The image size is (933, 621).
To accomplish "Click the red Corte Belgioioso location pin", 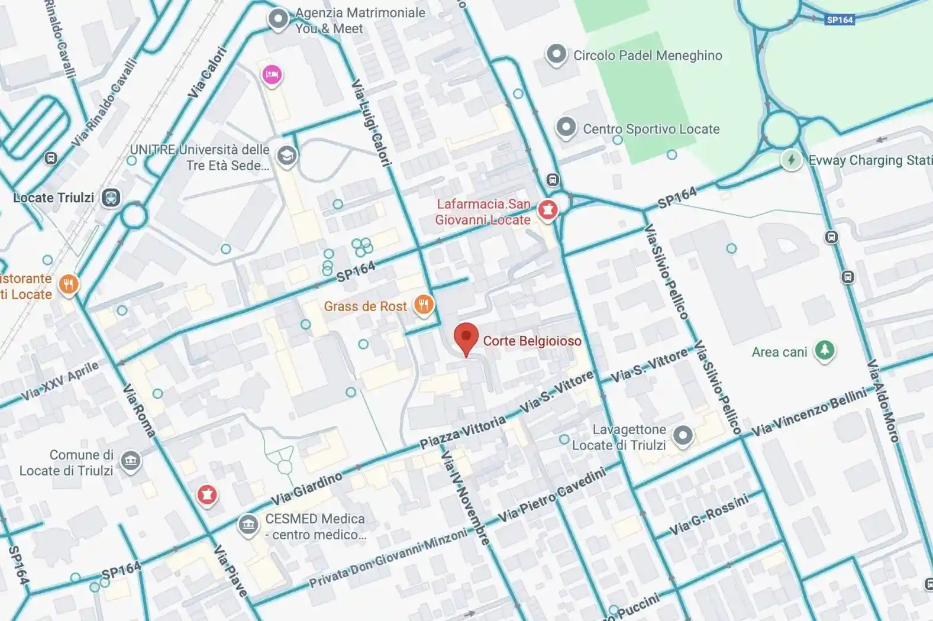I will click(x=466, y=337).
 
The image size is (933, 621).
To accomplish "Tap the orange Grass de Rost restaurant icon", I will click(x=424, y=305).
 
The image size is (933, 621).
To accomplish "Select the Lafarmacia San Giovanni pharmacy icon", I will click(x=548, y=209).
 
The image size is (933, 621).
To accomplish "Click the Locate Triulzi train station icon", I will click(x=111, y=198).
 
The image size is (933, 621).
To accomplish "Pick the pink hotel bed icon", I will click(x=272, y=75).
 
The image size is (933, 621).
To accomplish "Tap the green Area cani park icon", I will click(x=824, y=350).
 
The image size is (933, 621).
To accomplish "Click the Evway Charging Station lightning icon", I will click(x=791, y=160).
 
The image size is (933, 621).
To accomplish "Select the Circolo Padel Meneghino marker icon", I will click(x=556, y=54).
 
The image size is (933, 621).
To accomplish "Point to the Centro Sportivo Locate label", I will click(x=651, y=129).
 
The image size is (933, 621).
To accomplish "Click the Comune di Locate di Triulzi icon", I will click(x=131, y=461).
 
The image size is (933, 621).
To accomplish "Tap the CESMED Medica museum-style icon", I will click(x=248, y=524).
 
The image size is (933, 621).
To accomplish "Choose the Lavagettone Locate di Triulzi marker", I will click(x=683, y=436).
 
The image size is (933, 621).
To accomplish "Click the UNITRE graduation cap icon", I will click(x=287, y=156).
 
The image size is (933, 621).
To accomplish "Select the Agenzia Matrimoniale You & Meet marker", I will click(x=277, y=19).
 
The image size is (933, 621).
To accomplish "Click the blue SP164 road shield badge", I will click(x=840, y=20).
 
